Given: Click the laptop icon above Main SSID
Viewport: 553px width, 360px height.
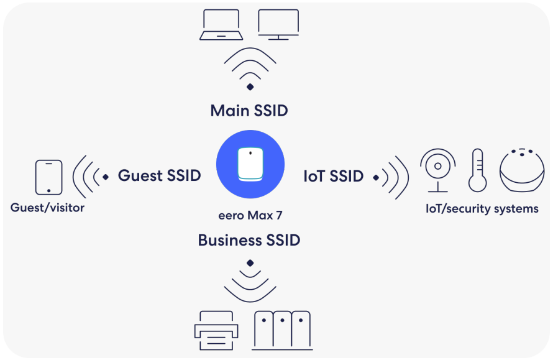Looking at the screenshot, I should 221,26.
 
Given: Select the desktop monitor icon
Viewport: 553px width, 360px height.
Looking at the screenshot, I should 278,25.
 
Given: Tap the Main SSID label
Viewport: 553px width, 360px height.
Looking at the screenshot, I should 249,111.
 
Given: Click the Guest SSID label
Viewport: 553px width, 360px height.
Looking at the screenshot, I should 159,176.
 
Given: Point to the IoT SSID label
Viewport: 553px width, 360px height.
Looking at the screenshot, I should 333,177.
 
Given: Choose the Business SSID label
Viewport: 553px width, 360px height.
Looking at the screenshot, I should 249,240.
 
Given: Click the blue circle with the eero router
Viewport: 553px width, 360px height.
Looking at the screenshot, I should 250,164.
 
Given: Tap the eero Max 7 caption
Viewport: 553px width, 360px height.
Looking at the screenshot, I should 250,216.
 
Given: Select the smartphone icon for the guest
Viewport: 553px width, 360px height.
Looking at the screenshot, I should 49,177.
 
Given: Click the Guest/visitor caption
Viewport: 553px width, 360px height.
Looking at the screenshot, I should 47,208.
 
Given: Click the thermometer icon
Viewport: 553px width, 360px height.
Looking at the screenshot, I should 477,170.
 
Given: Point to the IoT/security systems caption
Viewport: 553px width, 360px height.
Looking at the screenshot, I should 482,209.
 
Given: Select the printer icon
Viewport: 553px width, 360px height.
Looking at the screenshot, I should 215,331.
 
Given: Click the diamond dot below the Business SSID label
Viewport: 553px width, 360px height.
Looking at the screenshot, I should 250,262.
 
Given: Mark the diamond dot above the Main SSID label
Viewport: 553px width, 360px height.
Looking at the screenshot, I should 250,87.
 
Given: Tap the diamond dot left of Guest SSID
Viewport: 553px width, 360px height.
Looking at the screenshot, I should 106,177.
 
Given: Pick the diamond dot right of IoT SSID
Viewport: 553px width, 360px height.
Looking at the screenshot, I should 376,178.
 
